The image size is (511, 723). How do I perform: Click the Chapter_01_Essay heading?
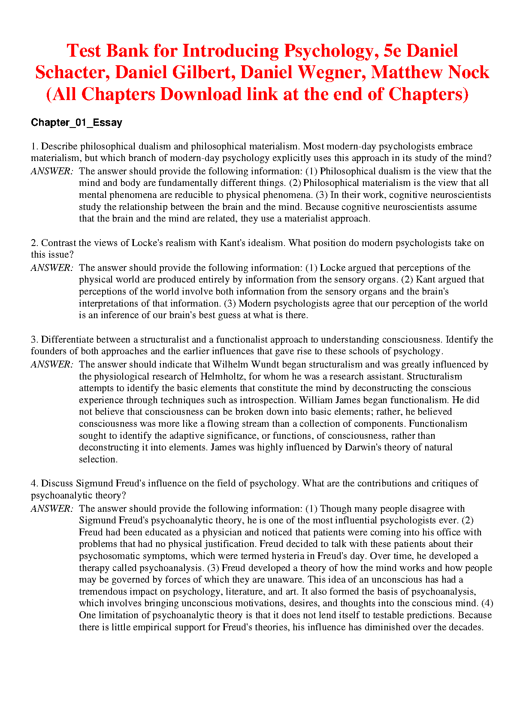click(76, 123)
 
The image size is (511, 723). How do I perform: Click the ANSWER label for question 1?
click(52, 171)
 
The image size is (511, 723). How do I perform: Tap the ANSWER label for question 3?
click(52, 365)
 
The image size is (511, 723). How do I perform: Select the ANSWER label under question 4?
click(52, 509)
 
